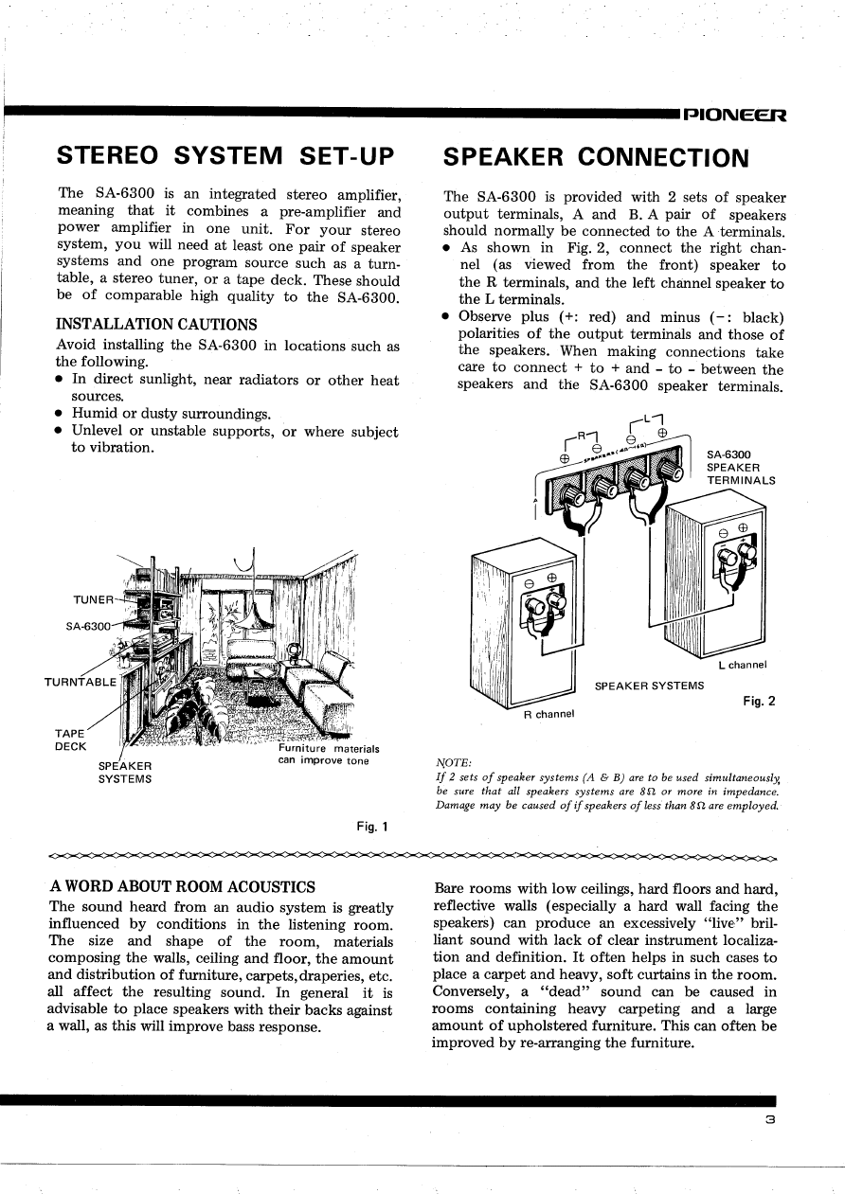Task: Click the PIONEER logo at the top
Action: [734, 116]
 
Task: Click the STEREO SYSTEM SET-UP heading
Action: [225, 155]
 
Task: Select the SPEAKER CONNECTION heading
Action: [596, 156]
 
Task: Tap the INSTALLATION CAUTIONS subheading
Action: [156, 325]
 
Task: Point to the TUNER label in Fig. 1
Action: [92, 599]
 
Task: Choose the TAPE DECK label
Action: [72, 738]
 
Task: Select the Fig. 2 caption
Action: [759, 701]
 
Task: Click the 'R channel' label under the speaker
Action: [549, 714]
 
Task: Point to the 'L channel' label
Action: [741, 665]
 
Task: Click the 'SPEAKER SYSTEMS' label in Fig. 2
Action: [649, 686]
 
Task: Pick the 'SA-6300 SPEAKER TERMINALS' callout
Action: [741, 467]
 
